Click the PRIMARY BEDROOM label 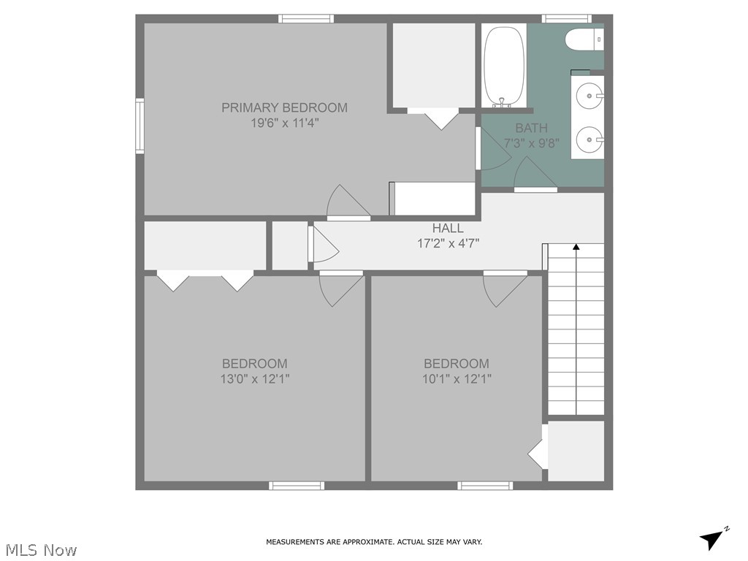pos(284,107)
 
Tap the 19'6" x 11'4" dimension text pos(284,123)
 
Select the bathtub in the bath pos(504,66)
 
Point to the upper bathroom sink pos(589,95)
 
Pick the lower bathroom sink pos(589,137)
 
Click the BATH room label pos(531,128)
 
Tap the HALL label pos(448,228)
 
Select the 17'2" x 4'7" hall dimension pos(448,243)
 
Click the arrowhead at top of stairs pos(576,248)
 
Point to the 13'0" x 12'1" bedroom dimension pos(254,379)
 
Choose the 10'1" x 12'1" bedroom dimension pos(456,379)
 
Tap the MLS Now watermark pos(40,549)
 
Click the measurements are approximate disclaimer pos(373,542)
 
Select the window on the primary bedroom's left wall pos(140,126)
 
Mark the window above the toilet pos(566,18)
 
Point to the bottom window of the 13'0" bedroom pos(297,485)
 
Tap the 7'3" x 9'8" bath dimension pos(531,143)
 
